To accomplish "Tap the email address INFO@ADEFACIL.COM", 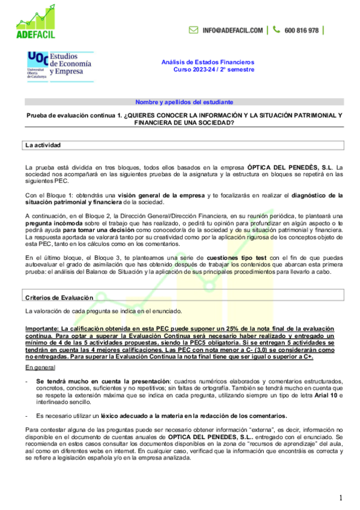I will [233, 30].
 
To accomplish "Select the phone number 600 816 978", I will [302, 30].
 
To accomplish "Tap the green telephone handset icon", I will [276, 30].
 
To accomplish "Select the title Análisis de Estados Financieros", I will [208, 62].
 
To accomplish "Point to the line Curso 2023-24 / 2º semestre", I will [213, 69].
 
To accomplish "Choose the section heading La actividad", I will [43, 146].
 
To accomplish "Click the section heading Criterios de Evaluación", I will [59, 298].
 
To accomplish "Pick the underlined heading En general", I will [38, 366].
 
